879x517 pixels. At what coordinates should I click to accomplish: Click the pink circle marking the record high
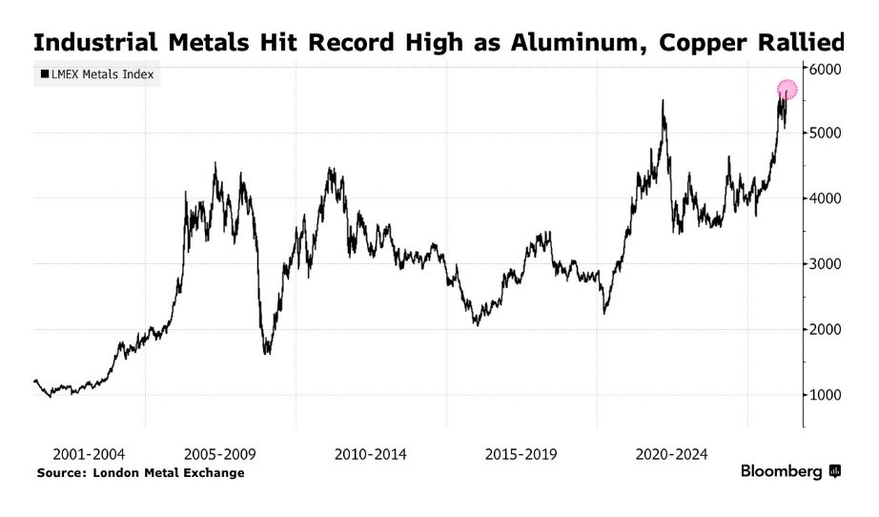point(787,90)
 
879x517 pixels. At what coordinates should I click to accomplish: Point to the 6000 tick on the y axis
point(827,70)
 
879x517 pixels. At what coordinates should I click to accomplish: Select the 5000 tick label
point(827,134)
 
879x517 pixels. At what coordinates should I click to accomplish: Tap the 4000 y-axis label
point(827,198)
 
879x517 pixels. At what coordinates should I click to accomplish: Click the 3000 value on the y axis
point(827,264)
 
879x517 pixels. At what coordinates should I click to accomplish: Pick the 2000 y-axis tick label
point(827,330)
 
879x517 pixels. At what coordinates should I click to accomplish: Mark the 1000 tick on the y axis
point(827,395)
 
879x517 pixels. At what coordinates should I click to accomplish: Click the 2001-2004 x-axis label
point(90,454)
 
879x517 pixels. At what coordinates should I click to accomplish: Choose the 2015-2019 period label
point(521,454)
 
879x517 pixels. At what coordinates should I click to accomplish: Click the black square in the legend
point(45,73)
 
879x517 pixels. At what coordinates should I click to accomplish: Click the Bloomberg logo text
point(782,472)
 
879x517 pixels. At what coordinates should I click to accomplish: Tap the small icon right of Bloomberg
point(835,471)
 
